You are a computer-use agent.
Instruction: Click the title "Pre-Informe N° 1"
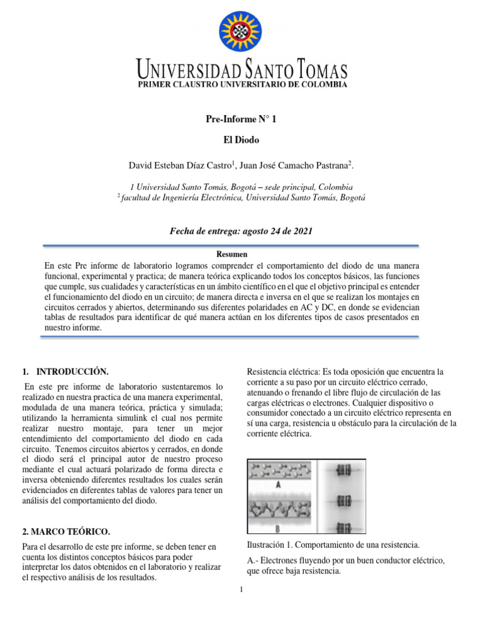point(241,119)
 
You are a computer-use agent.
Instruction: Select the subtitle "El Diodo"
point(241,140)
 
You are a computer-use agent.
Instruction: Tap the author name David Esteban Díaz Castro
point(181,165)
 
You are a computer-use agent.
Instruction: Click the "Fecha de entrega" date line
point(241,231)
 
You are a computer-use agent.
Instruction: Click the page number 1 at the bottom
point(241,589)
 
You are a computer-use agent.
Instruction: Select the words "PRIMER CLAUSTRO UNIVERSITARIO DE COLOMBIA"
point(242,84)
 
